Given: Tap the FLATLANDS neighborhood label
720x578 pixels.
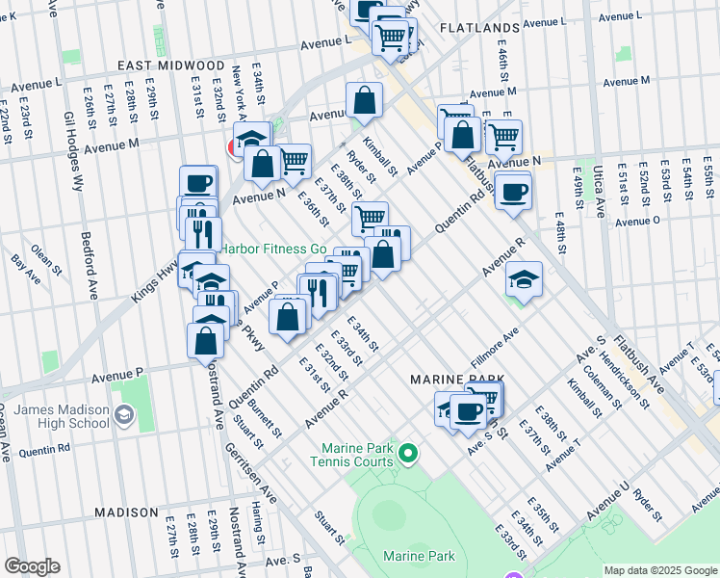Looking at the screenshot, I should point(479,28).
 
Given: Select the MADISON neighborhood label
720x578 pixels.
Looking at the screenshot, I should point(126,512).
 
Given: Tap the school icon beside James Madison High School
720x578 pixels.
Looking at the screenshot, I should point(124,415).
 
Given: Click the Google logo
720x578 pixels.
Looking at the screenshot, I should point(32,566).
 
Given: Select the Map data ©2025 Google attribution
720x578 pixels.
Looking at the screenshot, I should point(660,570).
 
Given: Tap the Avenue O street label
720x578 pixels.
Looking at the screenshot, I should point(637,221).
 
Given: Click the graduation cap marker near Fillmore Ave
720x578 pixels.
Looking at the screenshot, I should point(525,278).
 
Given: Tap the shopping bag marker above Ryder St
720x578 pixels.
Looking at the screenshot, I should point(365,99).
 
